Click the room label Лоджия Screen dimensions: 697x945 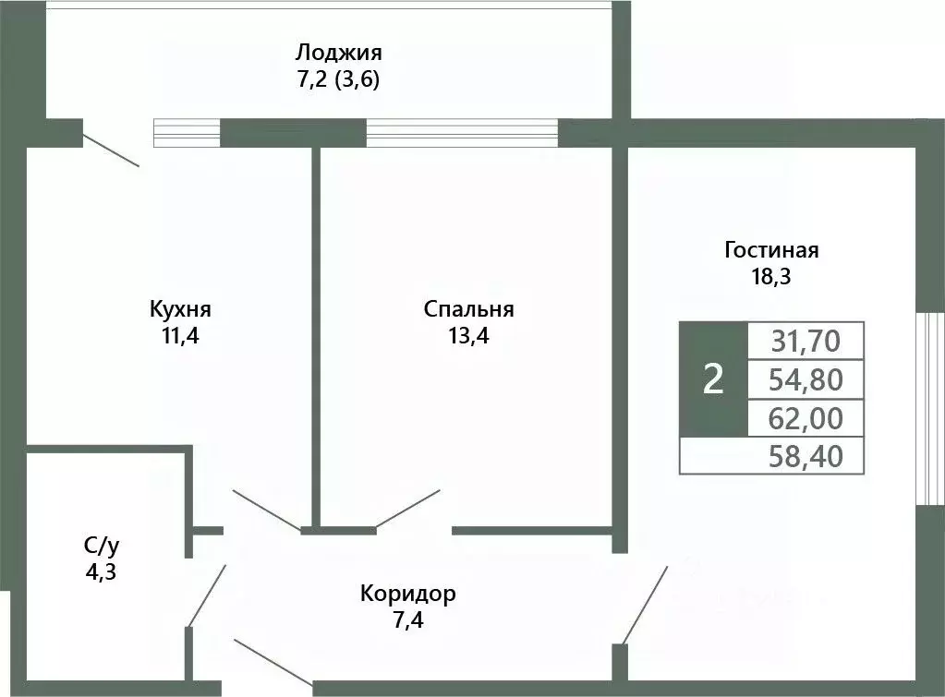click(338, 52)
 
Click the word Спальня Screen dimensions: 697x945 click(468, 308)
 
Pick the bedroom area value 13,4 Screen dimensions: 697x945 click(468, 335)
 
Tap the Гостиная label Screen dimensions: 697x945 click(771, 249)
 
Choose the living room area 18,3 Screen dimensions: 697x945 click(771, 276)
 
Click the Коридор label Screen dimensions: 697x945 click(407, 593)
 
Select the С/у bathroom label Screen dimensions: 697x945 click(100, 545)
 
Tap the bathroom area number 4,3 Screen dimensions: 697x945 click(100, 571)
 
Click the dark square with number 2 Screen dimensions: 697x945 click(712, 379)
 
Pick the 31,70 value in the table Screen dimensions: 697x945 click(805, 342)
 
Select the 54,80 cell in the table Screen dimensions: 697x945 click(805, 379)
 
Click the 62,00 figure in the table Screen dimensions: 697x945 click(805, 418)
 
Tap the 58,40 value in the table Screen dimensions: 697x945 click(805, 455)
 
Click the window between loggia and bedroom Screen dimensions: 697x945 click(462, 133)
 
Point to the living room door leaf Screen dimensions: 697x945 click(645, 605)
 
